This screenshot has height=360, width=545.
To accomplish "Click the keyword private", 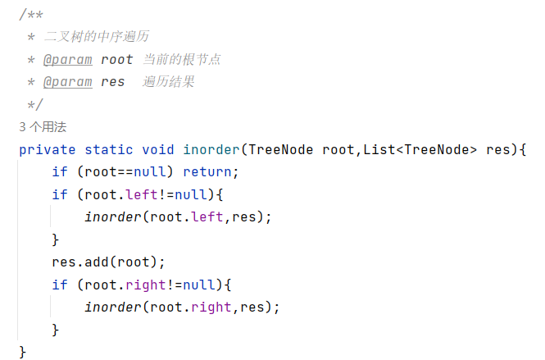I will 47,149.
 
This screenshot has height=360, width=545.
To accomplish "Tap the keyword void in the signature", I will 158,149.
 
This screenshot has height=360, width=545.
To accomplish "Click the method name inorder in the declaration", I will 211,149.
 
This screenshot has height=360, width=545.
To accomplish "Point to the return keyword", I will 210,172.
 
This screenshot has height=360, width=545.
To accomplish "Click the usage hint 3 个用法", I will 42,127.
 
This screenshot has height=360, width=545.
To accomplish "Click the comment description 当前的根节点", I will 182,60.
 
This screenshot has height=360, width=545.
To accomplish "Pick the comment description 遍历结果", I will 169,82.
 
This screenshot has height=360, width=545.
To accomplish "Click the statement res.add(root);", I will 108,262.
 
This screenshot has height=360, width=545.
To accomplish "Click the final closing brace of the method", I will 23,352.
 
